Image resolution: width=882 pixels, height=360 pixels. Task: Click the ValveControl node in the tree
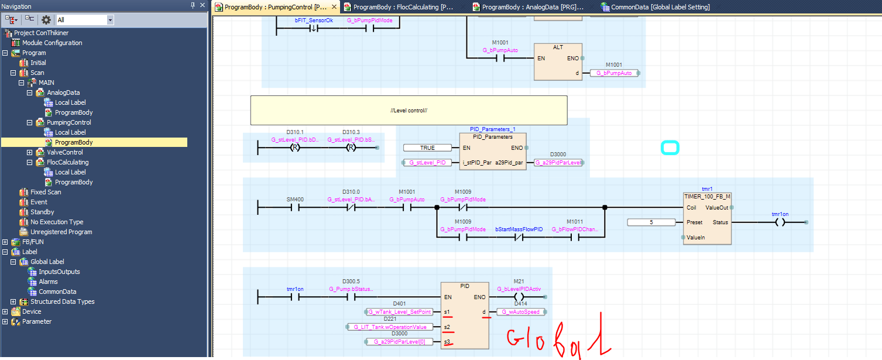click(x=64, y=152)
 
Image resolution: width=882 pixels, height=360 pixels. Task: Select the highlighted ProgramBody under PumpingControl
click(x=74, y=142)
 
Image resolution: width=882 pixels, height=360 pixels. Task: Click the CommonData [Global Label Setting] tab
click(x=660, y=7)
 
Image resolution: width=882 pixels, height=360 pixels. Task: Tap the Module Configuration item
click(x=52, y=43)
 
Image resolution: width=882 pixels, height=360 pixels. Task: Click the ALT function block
click(x=558, y=61)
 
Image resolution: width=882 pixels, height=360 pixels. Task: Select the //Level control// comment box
click(x=409, y=110)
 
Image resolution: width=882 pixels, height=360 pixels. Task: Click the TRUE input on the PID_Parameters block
click(x=427, y=148)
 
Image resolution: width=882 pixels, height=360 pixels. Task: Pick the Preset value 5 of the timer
click(x=651, y=222)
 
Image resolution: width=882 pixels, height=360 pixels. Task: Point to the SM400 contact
click(x=294, y=207)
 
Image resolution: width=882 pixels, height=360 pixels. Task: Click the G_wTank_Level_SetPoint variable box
click(x=400, y=312)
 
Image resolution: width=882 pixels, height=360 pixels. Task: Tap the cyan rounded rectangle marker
click(x=670, y=148)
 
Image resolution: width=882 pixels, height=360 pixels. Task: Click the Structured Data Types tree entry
click(x=62, y=301)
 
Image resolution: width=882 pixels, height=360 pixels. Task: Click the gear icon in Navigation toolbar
click(x=46, y=20)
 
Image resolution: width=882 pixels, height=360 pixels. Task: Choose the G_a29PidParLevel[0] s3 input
click(x=400, y=341)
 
